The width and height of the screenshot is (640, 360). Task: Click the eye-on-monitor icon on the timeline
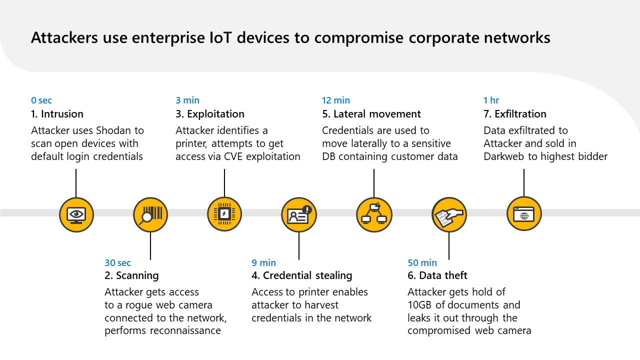(x=76, y=214)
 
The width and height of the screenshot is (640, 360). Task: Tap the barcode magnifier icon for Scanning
(x=150, y=214)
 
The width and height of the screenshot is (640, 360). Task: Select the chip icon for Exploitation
(x=224, y=214)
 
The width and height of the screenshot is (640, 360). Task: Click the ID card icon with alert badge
(x=298, y=214)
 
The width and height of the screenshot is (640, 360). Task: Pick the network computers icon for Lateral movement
(x=374, y=214)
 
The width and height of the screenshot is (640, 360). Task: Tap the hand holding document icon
(x=449, y=214)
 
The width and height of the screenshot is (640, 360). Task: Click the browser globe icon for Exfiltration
(x=524, y=213)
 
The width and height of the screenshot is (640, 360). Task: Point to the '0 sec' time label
(x=41, y=100)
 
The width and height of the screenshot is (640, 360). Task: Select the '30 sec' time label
(x=117, y=263)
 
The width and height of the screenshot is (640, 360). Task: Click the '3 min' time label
(x=187, y=100)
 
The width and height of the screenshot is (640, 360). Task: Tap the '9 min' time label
(x=263, y=263)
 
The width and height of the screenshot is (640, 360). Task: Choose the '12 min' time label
(x=336, y=100)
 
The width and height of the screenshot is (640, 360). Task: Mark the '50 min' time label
(x=422, y=263)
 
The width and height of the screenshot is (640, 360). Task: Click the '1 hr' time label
(x=491, y=100)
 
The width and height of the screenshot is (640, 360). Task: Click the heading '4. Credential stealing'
(x=302, y=275)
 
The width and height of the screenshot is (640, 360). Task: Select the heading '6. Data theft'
(x=437, y=275)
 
